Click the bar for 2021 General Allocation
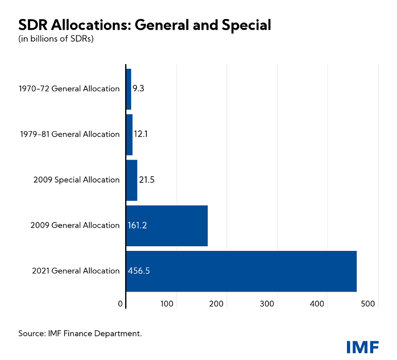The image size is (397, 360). (x=241, y=271)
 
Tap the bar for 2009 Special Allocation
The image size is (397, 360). (x=131, y=180)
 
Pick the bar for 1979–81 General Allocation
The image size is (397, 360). (x=129, y=135)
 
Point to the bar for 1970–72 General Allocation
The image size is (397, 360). (x=129, y=89)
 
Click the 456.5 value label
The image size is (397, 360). (x=139, y=271)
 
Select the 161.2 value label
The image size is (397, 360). (x=137, y=225)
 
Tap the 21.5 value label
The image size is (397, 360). (x=147, y=180)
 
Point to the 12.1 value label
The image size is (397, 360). (x=141, y=135)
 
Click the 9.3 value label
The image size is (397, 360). (x=139, y=89)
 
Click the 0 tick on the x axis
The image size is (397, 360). (x=120, y=304)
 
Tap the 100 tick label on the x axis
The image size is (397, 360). (x=167, y=304)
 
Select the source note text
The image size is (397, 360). (x=80, y=334)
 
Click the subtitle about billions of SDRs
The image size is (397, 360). (x=56, y=39)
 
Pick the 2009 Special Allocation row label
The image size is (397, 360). (x=77, y=180)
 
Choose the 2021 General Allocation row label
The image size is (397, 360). (x=76, y=271)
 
